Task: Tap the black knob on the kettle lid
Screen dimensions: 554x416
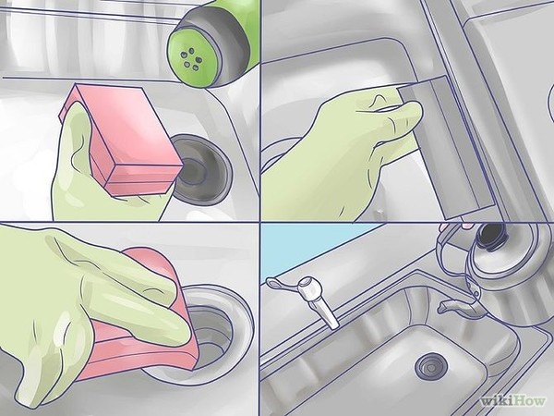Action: point(492,234)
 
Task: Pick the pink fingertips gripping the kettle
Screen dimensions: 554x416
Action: point(467,225)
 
